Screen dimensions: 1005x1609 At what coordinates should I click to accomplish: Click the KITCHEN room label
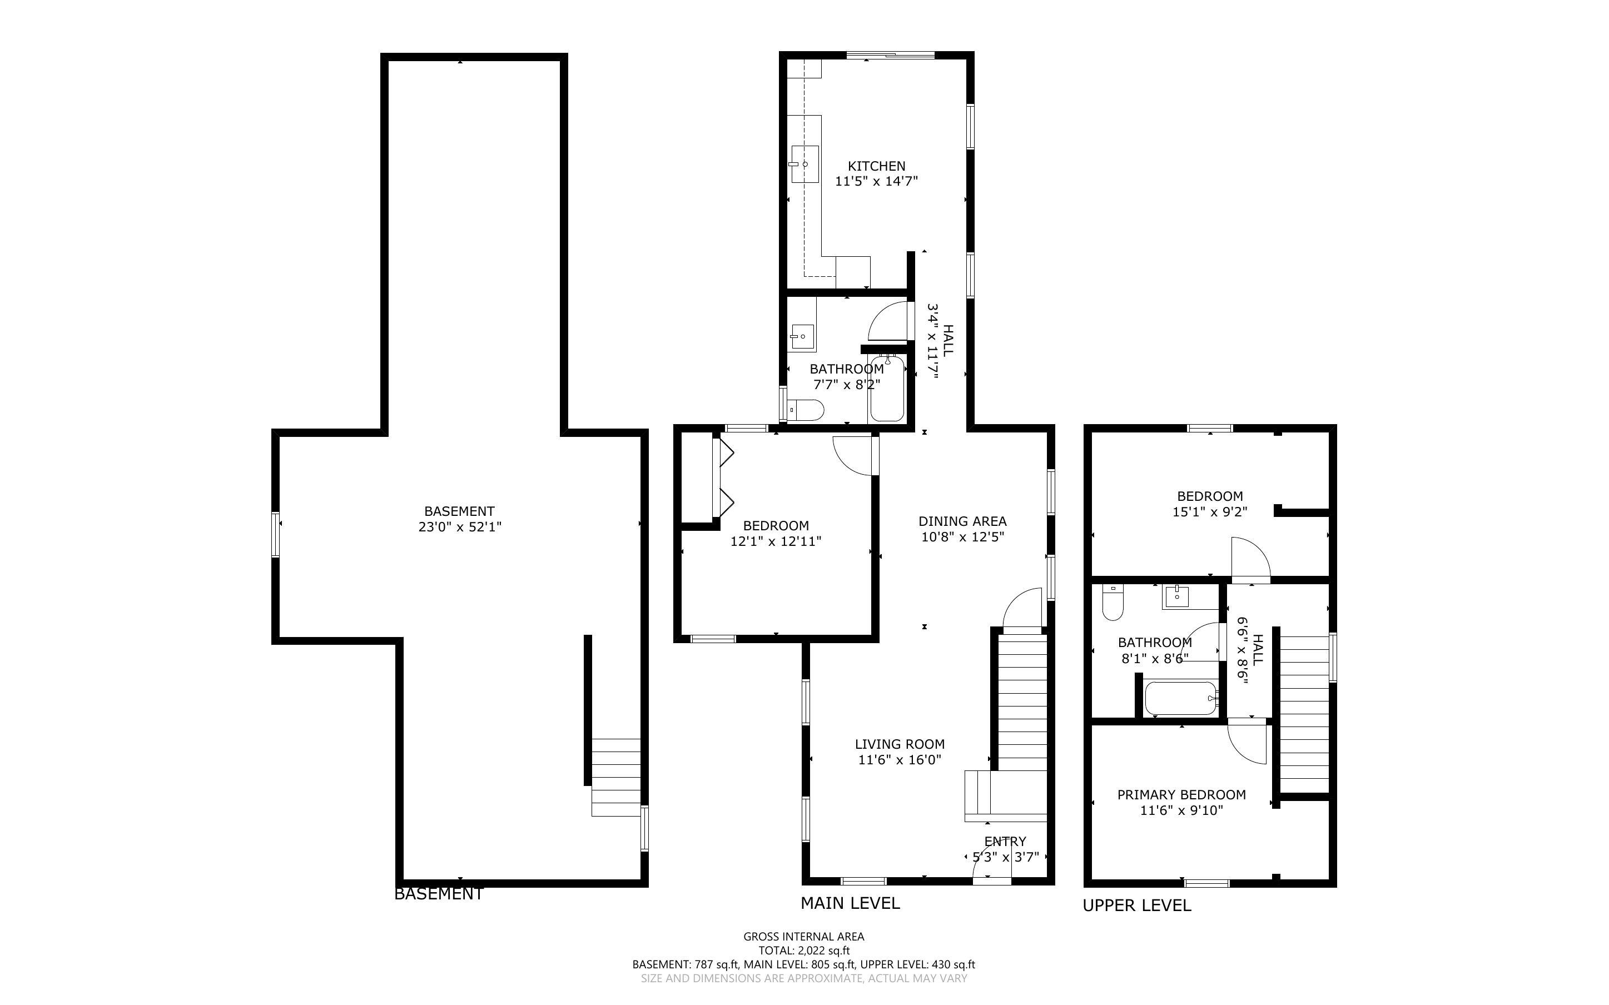coord(876,166)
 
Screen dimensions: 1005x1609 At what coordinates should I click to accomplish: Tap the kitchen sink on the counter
coord(804,163)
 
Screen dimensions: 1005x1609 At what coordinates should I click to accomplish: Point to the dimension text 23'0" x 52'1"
coord(459,527)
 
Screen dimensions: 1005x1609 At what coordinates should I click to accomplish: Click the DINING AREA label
coord(962,521)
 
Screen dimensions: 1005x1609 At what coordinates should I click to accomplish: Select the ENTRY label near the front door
coord(1005,841)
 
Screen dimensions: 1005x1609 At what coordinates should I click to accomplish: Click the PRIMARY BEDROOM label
coord(1181,794)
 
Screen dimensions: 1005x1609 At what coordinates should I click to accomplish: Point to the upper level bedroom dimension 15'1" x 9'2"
coord(1210,512)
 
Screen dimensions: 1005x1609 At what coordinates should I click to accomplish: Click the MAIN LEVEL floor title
coord(850,903)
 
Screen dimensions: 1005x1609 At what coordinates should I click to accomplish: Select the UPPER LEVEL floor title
coord(1136,906)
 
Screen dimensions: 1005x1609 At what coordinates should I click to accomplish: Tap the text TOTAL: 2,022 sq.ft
coord(803,951)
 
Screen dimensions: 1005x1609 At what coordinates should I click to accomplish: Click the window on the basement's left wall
coord(275,533)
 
